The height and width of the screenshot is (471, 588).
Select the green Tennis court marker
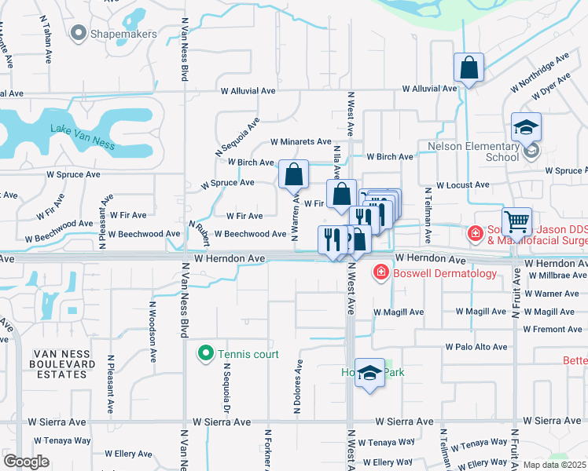(x=206, y=354)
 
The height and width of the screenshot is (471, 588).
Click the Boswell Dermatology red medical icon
(x=381, y=272)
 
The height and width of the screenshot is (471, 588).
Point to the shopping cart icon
(x=517, y=221)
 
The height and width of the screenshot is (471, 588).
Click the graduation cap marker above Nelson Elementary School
(x=526, y=126)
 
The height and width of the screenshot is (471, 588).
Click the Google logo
(x=26, y=462)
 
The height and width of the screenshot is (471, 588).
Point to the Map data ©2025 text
(x=554, y=465)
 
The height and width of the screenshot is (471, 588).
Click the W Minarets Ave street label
(x=301, y=142)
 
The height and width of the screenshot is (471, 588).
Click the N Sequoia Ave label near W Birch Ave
(x=237, y=137)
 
